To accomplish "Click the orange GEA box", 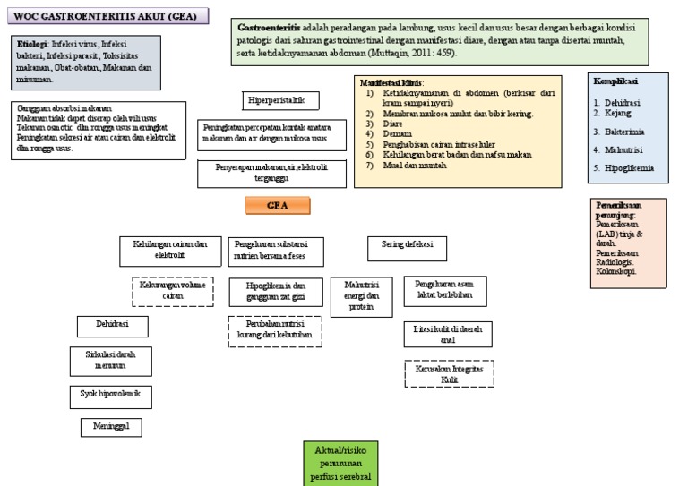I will (279, 206).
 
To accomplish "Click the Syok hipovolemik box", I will (107, 394).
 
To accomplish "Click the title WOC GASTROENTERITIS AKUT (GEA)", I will (107, 17).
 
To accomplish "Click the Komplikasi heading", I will (615, 81).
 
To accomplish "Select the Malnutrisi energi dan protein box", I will (361, 295).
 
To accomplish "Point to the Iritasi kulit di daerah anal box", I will (447, 334).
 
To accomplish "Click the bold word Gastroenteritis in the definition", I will (268, 28).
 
